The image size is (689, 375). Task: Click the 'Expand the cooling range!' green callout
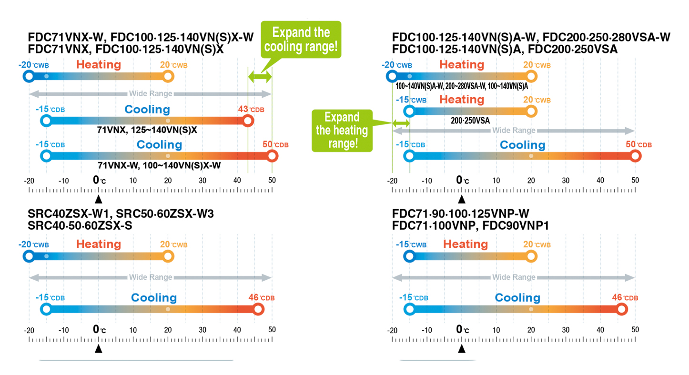click(300, 40)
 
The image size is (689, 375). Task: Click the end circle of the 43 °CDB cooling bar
click(248, 121)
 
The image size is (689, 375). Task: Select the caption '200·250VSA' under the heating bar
click(470, 121)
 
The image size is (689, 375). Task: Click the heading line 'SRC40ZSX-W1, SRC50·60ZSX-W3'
click(121, 214)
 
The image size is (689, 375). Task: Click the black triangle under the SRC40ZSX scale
click(98, 349)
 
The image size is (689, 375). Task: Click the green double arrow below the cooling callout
click(260, 76)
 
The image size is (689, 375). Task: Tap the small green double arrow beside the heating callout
click(401, 123)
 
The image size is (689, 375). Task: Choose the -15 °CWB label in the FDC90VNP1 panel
click(411, 244)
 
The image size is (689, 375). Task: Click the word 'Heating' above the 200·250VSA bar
click(462, 100)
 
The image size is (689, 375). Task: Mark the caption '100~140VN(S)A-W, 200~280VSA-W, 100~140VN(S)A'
click(462, 86)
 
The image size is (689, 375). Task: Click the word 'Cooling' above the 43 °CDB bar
click(147, 109)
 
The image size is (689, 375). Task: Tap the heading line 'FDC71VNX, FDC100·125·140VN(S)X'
click(126, 49)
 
